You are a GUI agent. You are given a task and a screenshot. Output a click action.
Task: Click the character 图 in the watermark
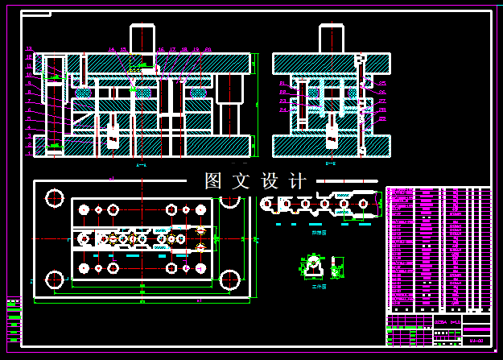click(213, 181)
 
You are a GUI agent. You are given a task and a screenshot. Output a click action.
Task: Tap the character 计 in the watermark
click(297, 181)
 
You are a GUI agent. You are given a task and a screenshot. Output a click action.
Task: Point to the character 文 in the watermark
click(241, 181)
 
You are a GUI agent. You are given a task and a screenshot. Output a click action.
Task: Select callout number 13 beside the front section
click(29, 49)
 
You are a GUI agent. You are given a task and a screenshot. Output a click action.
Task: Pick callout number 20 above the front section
click(208, 49)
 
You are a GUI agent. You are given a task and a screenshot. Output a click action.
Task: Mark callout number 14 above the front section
click(112, 49)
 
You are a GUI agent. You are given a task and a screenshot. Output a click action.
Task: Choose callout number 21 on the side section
click(282, 84)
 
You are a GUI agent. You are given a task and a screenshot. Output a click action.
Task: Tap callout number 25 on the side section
click(382, 84)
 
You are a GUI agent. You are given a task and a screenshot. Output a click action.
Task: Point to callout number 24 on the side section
click(282, 110)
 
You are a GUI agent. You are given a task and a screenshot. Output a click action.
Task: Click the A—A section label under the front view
click(142, 164)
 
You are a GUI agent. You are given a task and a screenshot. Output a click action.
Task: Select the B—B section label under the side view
click(331, 163)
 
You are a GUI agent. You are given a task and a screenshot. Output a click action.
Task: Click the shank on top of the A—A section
click(142, 39)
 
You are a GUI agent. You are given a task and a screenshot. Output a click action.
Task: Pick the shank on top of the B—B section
click(332, 39)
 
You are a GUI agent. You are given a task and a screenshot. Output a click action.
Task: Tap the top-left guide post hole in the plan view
click(55, 197)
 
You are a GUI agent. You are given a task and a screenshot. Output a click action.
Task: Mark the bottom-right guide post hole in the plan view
click(230, 279)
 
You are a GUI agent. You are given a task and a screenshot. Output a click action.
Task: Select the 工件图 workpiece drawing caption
click(320, 286)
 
